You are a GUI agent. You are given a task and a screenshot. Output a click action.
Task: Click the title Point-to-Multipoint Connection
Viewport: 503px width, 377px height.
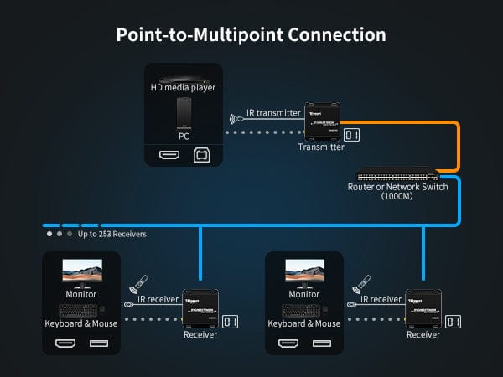tap(251, 35)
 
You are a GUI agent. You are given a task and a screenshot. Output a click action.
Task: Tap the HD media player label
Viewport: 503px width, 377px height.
tap(183, 88)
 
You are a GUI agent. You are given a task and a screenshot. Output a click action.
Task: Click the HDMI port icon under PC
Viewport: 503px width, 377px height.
tap(170, 156)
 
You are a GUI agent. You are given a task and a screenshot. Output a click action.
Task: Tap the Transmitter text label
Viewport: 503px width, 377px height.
tap(321, 147)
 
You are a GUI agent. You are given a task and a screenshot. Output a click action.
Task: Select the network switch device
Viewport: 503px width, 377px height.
tap(397, 177)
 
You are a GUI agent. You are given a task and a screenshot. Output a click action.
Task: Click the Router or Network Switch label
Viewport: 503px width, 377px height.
tap(397, 187)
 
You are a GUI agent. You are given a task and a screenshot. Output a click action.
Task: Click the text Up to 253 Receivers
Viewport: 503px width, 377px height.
tap(112, 234)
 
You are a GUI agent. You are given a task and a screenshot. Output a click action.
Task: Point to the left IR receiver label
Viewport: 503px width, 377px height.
tap(156, 299)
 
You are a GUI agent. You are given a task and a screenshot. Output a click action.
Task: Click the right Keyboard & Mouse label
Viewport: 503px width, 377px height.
tap(304, 323)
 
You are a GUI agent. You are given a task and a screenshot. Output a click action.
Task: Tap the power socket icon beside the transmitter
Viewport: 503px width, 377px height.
tap(352, 135)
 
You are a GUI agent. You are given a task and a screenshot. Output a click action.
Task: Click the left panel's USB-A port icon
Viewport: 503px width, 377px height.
tap(98, 343)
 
